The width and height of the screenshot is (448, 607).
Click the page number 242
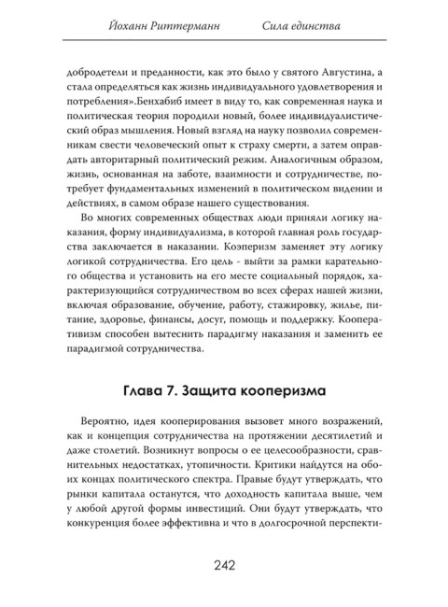[223, 563]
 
